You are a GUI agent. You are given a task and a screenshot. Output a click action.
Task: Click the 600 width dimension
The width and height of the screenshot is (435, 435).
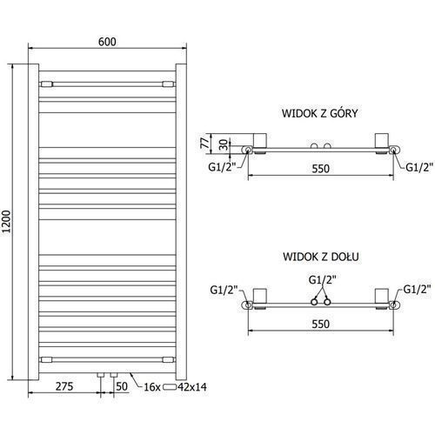coord(107,42)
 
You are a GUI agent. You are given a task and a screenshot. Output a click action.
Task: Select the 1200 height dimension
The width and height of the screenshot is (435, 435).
coord(6,222)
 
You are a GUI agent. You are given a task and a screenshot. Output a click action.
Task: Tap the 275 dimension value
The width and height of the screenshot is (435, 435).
coord(64,386)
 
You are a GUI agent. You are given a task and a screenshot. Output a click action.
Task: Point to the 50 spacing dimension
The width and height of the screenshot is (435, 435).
coord(122,386)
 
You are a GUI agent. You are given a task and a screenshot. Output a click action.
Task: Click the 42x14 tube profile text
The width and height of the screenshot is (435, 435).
coord(192,387)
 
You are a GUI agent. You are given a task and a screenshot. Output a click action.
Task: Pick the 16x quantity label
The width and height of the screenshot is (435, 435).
coord(152,387)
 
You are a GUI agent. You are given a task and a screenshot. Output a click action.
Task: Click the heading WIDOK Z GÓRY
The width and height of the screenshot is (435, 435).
coord(320,113)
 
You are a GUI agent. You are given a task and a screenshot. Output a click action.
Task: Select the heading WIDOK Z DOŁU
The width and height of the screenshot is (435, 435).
coord(321,257)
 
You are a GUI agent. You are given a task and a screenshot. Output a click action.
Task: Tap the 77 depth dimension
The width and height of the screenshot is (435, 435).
coord(205,143)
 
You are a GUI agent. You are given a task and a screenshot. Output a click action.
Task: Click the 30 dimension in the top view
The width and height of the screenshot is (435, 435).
coord(224,144)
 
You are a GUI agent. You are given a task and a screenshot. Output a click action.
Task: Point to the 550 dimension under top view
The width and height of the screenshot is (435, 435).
coord(321,169)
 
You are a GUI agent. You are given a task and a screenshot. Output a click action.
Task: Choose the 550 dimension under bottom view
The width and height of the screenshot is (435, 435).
coord(321,324)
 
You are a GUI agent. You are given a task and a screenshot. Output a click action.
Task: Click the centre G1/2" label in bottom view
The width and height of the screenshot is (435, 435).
coord(322,280)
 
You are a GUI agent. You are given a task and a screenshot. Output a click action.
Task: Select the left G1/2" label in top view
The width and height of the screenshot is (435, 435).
coord(222,167)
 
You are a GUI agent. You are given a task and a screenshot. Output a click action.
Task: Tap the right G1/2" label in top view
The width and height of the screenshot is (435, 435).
coord(419,167)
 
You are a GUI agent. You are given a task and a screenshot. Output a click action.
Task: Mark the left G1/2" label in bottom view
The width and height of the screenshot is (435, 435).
coord(224,290)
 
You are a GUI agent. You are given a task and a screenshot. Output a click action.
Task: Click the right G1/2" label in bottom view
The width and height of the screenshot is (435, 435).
coord(417,290)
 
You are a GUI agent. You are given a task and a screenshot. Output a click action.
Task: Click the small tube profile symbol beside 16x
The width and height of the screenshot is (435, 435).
coord(170,387)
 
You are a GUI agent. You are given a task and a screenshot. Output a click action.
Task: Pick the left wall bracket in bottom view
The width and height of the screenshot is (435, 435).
coord(260,298)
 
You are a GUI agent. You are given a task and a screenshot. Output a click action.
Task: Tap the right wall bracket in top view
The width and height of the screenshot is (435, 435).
coord(382,144)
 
